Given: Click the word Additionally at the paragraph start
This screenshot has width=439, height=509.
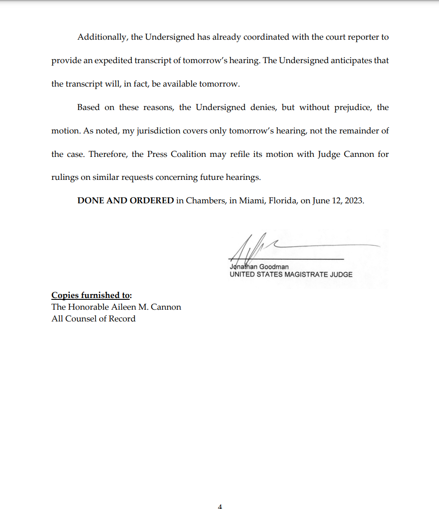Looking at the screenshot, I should [103, 37].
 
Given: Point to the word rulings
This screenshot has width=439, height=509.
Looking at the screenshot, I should [65, 178].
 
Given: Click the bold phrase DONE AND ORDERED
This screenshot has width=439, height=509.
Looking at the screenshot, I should [126, 201].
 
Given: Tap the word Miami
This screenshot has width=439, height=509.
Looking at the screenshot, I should [251, 201].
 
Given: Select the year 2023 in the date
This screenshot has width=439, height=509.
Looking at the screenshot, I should [354, 201].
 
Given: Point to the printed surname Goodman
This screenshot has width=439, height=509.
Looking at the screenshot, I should [274, 267].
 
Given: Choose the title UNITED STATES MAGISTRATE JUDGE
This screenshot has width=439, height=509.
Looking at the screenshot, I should [291, 275].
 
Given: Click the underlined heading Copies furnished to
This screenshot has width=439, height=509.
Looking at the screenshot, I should [91, 295].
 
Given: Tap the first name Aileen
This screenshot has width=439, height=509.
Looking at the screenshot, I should [127, 307].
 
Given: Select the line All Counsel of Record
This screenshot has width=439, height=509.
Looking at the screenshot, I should [93, 319].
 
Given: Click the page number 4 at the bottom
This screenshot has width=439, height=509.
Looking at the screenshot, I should [220, 507].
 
